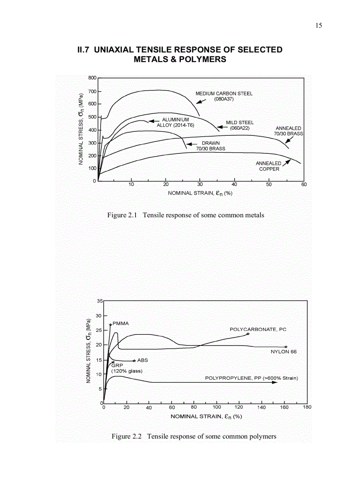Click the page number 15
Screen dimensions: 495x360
coord(319,25)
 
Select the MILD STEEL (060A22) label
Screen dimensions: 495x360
coord(240,125)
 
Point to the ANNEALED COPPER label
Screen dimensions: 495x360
coord(269,166)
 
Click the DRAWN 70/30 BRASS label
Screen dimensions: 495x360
coord(210,146)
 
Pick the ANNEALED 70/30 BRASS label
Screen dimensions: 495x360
coord(288,131)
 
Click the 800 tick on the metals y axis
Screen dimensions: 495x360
coord(92,78)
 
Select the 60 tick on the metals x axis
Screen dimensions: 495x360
coord(304,184)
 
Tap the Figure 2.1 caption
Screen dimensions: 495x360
coord(186,215)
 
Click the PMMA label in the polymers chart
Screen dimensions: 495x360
coord(120,324)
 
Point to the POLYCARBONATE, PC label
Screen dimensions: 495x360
coord(258,329)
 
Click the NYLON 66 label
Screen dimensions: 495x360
coord(283,352)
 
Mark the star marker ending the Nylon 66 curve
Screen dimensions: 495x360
coord(286,347)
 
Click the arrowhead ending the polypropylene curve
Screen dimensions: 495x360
coord(276,383)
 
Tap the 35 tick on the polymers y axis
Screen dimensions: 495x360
coord(100,301)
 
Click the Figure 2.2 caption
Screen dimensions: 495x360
coord(194,436)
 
